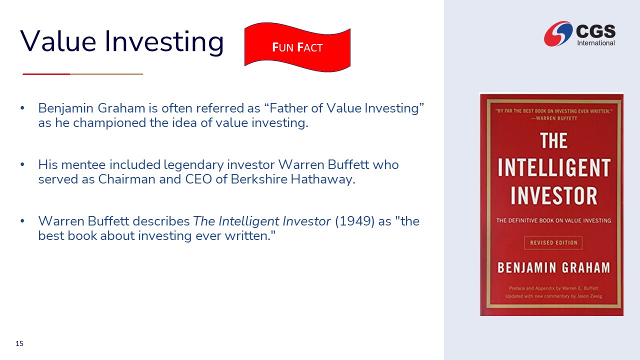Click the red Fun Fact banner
(x=297, y=47)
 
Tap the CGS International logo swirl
(x=558, y=33)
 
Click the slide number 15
(x=19, y=343)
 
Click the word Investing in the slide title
(x=164, y=41)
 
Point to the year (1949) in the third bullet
(x=354, y=221)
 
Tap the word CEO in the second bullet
(x=198, y=179)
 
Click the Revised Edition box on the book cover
(x=553, y=243)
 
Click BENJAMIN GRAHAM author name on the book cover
(x=553, y=267)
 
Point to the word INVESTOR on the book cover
(x=554, y=195)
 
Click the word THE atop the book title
(x=553, y=140)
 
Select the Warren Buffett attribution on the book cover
(x=554, y=118)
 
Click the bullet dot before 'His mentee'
(x=22, y=164)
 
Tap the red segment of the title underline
(x=46, y=74)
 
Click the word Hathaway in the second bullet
(x=323, y=179)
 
